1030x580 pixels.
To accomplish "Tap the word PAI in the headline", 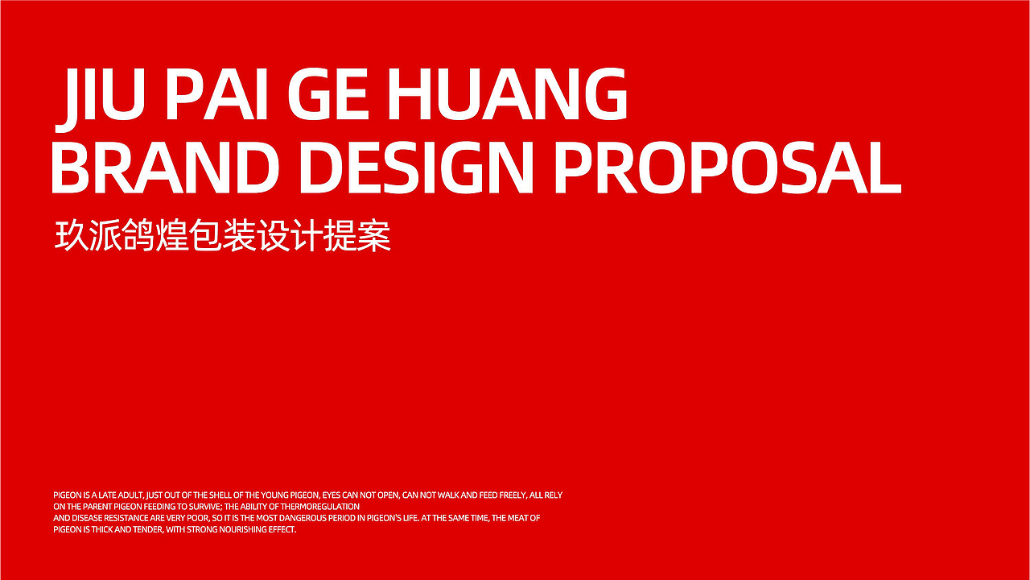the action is [216, 94].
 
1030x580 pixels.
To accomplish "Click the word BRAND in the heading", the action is [166, 167].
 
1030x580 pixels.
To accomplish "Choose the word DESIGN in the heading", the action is [416, 167].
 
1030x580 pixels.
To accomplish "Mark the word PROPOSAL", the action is [728, 167].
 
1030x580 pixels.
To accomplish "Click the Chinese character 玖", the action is [72, 235].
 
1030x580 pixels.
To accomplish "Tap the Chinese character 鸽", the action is [138, 235].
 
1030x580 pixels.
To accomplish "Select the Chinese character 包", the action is [206, 235].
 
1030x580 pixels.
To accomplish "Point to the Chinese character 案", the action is [374, 235].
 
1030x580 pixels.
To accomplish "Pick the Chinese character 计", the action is [307, 235].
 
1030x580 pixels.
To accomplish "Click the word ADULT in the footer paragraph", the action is [131, 495].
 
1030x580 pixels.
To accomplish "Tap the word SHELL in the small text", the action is [220, 495].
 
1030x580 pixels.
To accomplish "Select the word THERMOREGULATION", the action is [320, 507].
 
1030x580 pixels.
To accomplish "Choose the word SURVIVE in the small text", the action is [205, 507].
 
